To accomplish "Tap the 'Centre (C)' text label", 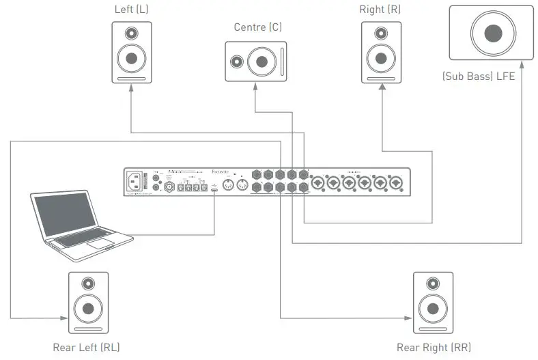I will pos(257,27).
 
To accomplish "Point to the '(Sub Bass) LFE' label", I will pos(478,77).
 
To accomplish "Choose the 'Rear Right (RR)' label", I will pos(434,347).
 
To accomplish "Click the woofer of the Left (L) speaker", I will pos(132,60).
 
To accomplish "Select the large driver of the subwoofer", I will pos(490,33).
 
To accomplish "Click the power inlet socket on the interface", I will pos(135,182).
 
